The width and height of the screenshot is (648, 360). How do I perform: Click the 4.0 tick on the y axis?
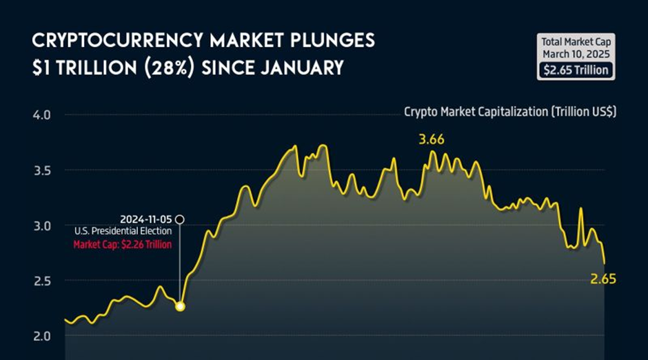42,114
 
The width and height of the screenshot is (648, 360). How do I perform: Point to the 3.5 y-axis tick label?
42,170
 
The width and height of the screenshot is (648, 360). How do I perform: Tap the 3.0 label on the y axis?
42,226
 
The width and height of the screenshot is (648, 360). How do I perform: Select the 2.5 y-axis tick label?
42,281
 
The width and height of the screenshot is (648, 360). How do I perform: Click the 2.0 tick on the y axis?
42,336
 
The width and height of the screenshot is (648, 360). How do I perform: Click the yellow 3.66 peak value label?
432,139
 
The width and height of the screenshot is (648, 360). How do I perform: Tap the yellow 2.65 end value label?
603,279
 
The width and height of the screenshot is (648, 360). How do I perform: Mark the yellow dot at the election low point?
180,306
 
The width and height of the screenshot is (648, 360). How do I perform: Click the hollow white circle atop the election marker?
180,219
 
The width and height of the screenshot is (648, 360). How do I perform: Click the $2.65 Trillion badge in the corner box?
575,70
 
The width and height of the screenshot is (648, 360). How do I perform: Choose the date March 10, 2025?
575,54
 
